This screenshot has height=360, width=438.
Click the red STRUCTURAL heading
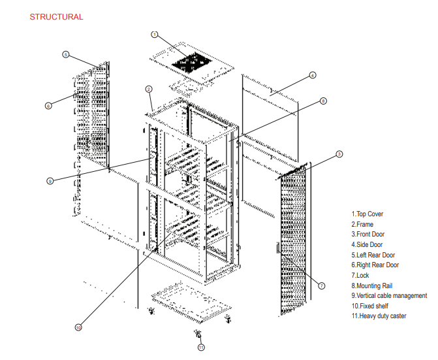56,17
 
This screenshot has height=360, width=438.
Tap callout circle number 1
154,34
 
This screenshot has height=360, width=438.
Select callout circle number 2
149,89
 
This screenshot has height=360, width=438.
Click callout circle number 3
339,154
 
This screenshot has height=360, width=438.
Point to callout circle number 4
313,75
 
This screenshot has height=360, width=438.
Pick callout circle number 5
66,54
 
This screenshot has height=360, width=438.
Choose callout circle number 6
48,105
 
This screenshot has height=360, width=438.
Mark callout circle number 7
322,286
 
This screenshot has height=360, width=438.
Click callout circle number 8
323,101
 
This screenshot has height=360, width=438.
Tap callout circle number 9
50,181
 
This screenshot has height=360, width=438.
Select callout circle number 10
78,327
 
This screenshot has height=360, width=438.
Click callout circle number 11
201,347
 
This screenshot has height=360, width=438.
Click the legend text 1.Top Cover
368,214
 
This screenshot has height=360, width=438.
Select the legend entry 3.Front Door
369,234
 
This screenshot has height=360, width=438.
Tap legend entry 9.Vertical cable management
389,295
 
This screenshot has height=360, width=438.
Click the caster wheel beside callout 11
198,335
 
